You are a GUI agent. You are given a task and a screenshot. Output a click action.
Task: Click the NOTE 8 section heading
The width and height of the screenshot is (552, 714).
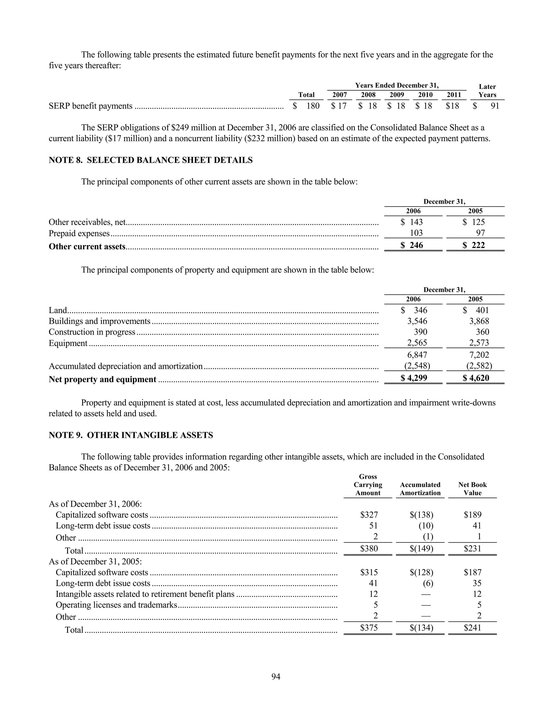click(x=150, y=160)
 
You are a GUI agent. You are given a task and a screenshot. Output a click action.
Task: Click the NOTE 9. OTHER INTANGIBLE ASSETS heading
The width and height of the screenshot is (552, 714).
click(x=131, y=435)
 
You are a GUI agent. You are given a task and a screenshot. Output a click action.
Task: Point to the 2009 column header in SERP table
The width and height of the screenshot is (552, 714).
click(x=397, y=95)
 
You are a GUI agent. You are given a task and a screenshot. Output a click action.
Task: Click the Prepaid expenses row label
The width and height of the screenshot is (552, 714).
click(x=79, y=233)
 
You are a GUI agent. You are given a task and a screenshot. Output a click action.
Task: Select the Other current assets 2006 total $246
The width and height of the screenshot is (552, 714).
click(x=412, y=245)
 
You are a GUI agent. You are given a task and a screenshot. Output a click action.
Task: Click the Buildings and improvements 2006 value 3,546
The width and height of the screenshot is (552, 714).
click(x=417, y=321)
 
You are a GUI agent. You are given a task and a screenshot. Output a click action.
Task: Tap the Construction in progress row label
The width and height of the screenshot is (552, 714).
click(x=92, y=332)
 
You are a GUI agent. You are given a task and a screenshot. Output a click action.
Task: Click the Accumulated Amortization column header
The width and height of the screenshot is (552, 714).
click(x=420, y=489)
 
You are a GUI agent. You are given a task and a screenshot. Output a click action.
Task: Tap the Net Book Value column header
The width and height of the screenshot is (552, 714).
click(x=472, y=489)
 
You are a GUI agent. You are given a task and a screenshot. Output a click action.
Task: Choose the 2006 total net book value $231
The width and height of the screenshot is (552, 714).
click(x=472, y=548)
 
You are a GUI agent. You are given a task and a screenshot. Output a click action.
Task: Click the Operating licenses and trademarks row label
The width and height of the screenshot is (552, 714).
click(x=116, y=605)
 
